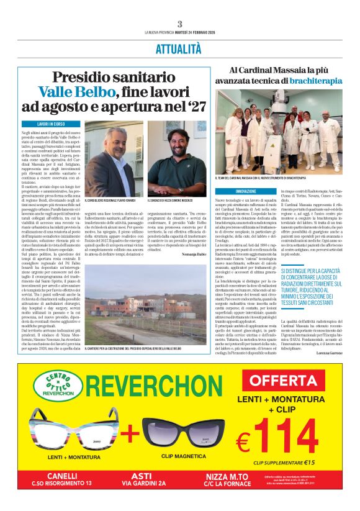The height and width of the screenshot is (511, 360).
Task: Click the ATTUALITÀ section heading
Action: click(179, 48)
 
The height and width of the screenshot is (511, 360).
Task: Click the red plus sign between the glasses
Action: click(130, 432)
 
